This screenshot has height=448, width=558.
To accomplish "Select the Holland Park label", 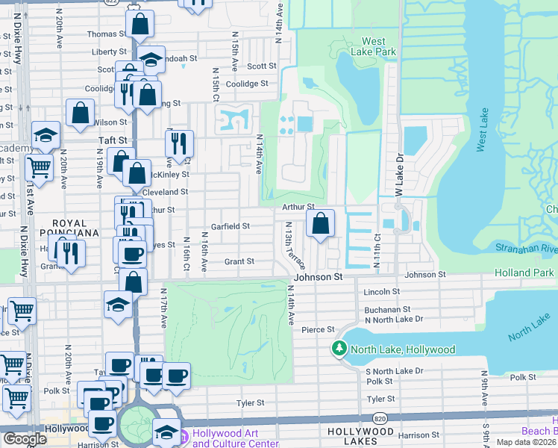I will [526, 273].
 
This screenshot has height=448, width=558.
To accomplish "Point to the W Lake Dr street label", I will [399, 179].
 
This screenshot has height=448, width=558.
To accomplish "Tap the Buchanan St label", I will [387, 309].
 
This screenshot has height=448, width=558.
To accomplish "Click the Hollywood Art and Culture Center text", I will [236, 438].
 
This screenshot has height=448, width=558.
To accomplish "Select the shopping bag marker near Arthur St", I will [320, 223].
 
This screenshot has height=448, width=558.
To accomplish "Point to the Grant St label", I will [239, 262].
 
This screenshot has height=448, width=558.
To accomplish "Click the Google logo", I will [25, 439].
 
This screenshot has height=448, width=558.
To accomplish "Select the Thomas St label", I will [102, 34].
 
